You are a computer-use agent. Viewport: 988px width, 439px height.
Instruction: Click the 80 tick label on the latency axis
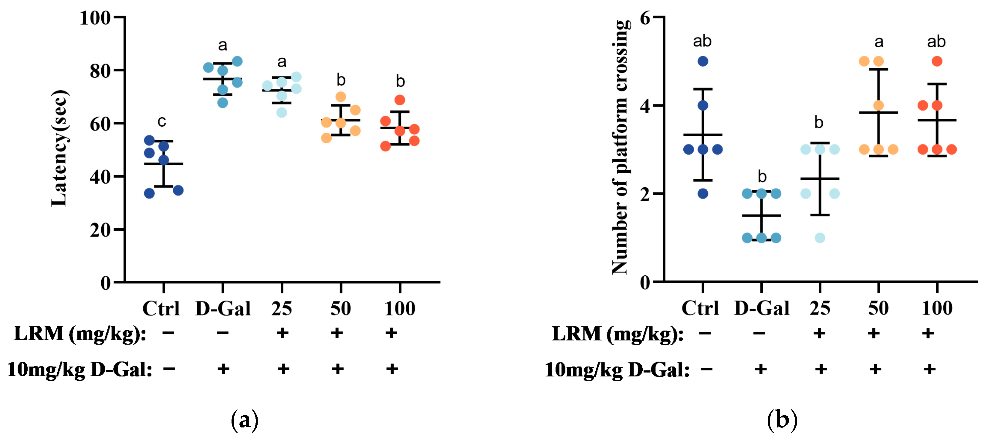coord(100,71)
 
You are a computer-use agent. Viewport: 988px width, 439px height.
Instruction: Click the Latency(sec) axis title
coord(59,148)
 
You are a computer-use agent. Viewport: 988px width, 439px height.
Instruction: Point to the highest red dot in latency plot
coord(400,100)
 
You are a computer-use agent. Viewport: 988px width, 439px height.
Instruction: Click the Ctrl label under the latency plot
coord(161,308)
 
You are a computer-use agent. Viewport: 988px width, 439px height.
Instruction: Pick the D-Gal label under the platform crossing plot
coord(761,308)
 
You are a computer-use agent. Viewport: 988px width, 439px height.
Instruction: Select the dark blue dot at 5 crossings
coord(703,61)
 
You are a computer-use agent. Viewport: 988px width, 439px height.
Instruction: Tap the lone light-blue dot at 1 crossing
coord(820,238)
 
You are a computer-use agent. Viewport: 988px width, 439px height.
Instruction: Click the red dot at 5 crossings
coord(937,61)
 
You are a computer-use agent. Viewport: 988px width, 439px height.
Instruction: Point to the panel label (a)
coord(244,420)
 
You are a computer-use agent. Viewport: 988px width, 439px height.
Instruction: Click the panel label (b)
coord(782,420)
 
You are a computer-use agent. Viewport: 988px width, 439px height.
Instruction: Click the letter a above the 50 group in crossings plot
coord(879,42)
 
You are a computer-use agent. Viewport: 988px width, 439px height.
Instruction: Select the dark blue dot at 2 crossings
coord(703,194)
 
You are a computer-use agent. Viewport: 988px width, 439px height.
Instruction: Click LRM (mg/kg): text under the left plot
coord(80,333)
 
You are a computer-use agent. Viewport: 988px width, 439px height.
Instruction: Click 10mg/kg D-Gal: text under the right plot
coord(617,370)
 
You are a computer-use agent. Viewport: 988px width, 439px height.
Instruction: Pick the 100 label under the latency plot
coord(400,308)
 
